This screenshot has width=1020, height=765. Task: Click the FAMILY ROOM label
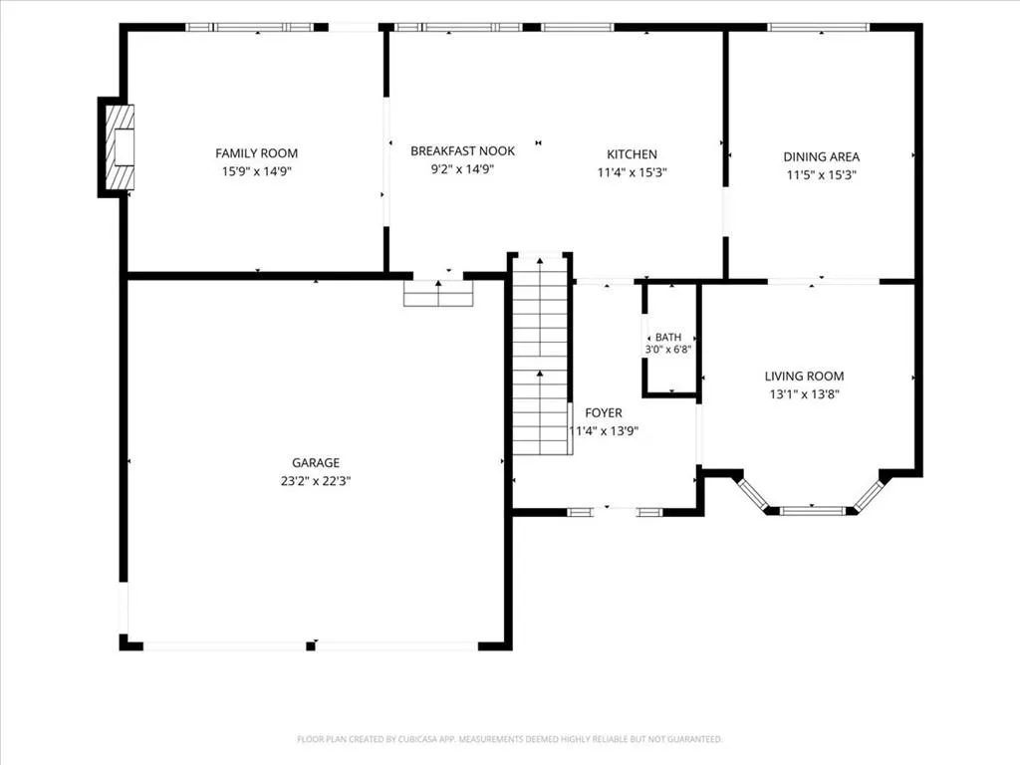pos(256,153)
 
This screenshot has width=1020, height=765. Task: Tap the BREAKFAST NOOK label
pos(462,151)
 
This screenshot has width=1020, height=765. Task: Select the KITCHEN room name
pos(632,154)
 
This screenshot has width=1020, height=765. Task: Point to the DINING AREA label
pos(821,156)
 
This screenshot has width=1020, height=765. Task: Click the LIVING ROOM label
pos(804,376)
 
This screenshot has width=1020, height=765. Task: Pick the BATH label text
pos(668,337)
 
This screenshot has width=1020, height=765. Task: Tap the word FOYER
pos(603,412)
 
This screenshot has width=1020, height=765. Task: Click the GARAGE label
pos(316,462)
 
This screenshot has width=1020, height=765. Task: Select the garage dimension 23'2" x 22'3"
pos(316,481)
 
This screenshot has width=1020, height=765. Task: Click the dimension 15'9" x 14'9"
pos(256,171)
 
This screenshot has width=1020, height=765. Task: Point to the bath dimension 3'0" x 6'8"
pos(668,350)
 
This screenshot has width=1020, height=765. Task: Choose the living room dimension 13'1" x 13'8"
pos(804,394)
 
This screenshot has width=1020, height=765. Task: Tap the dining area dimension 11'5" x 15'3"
pos(821,175)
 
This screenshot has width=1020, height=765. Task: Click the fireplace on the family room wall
pos(121,146)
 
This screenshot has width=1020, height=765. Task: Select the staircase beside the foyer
pos(541,355)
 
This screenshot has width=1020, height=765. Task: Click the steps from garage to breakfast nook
pos(438,293)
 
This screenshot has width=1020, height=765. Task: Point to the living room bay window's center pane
pos(813,511)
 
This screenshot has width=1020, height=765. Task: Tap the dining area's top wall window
pos(819,27)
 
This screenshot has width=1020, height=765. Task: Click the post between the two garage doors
pos(311,645)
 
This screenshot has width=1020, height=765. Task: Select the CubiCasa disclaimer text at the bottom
pos(509,739)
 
